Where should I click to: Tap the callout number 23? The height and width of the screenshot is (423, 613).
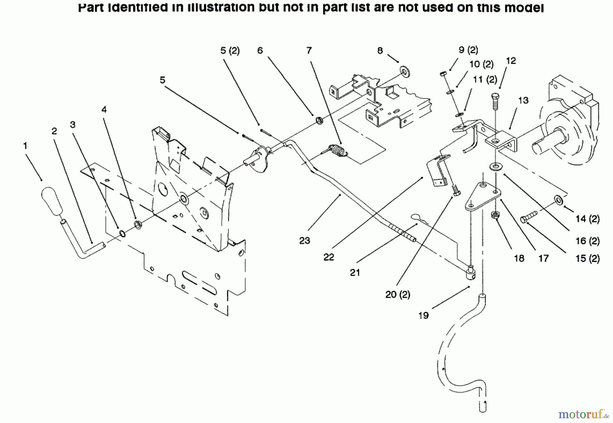point(304,241)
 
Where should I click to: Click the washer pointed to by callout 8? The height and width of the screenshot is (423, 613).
point(405,72)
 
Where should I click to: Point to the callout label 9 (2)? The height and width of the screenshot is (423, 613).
point(468,50)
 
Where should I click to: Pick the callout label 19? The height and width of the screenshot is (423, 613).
point(423,315)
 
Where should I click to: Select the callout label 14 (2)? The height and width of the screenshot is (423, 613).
point(587,219)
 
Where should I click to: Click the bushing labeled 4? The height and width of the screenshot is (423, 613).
point(138,225)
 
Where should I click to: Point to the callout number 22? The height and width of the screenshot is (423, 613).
point(329,257)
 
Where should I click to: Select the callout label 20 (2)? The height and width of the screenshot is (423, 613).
point(397,294)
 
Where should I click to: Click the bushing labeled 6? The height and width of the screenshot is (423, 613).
point(319,120)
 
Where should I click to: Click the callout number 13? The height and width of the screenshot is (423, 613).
point(523,100)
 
